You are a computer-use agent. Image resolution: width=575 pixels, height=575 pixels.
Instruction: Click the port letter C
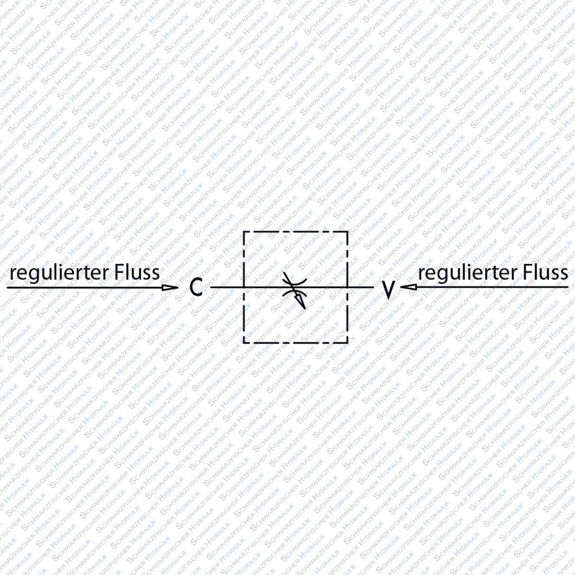tap(196, 287)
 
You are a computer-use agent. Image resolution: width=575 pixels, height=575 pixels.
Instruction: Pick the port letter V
tap(388, 289)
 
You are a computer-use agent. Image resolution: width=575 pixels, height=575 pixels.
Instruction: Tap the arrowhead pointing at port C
tap(169, 287)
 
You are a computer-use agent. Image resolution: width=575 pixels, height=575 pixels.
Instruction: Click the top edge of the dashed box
tap(296, 232)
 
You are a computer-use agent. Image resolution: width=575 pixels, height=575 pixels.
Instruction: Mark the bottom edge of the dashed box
tap(296, 342)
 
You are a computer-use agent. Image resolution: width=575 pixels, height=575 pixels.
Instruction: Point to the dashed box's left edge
tap(243, 313)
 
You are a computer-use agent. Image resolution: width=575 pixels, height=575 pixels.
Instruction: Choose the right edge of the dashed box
tap(348, 313)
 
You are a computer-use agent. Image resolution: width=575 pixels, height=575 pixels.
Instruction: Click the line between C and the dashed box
tap(226, 287)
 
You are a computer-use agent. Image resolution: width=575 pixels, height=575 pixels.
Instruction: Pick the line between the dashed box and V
tap(361, 287)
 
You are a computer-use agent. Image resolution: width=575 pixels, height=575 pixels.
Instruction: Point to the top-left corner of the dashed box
tap(243, 232)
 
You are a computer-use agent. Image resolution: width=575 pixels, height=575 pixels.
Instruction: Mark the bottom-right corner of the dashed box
tap(348, 342)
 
